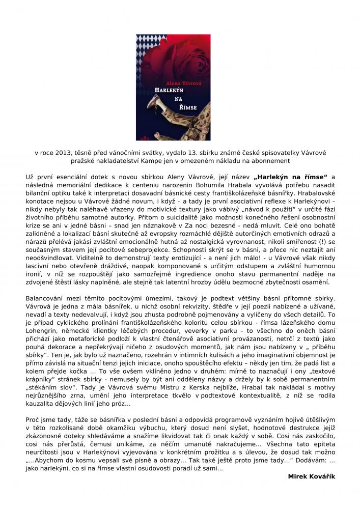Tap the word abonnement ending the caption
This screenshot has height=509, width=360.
tap(270, 160)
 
